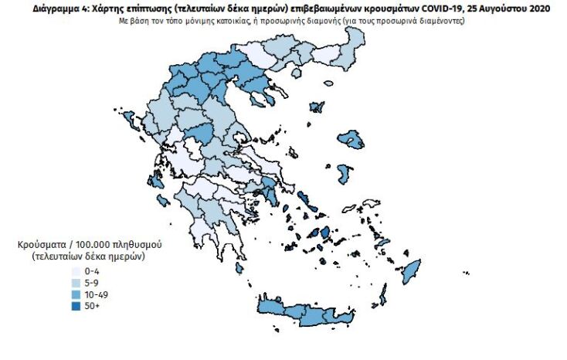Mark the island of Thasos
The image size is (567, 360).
(x=270, y=96)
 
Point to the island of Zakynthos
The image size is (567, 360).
(x=163, y=201)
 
